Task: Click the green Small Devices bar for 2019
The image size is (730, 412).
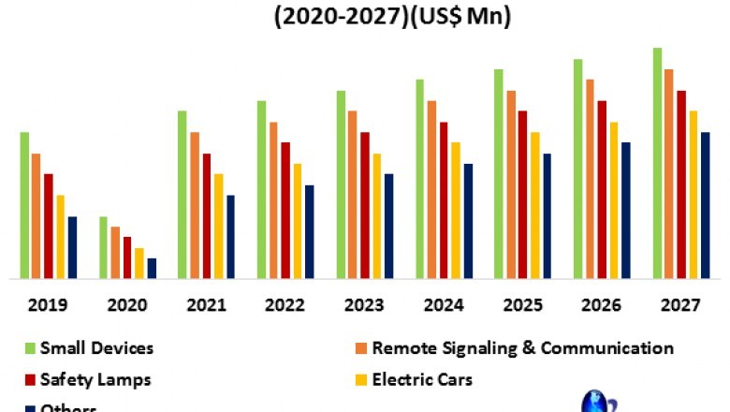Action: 25,205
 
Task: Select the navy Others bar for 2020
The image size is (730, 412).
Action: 152,268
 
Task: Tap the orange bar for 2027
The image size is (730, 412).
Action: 669,173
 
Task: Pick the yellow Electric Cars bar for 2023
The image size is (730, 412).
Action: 376,215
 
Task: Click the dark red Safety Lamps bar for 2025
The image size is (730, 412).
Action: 522,194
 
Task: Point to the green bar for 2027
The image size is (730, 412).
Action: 658,163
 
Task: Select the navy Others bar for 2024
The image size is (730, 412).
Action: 468,221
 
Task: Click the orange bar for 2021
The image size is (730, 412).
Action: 195,205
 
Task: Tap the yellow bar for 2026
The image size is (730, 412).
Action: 614,199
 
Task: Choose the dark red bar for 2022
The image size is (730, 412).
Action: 285,210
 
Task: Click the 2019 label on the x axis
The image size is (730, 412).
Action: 47,305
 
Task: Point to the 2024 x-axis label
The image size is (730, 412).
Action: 443,305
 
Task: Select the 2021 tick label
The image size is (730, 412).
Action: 205,305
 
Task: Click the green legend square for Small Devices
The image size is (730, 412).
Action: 30,349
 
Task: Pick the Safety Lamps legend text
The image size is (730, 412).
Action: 96,379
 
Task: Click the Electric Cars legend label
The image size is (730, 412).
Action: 422,379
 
